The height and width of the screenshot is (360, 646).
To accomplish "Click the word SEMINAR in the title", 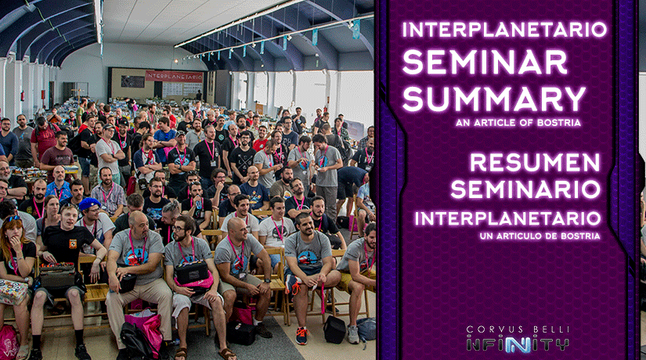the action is (x=485, y=62).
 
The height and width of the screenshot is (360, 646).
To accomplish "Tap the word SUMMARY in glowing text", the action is (x=494, y=99).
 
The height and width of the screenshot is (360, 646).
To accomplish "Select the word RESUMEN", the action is (x=535, y=162).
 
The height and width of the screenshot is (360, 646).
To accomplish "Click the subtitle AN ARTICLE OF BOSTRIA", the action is (x=518, y=123).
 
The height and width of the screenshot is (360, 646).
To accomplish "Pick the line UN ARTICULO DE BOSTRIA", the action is (x=540, y=236).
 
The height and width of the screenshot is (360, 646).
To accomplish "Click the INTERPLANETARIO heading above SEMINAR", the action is (x=504, y=30).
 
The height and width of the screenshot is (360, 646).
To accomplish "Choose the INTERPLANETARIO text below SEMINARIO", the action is (x=507, y=218).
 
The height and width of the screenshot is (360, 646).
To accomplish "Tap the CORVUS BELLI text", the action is (x=518, y=329).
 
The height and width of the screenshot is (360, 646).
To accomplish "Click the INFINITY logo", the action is (x=518, y=344).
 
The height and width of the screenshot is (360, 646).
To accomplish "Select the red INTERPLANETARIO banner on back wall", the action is (x=174, y=76).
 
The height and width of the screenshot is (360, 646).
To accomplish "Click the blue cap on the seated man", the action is (x=89, y=203).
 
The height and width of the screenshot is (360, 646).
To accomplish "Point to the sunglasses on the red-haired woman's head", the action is (x=13, y=218).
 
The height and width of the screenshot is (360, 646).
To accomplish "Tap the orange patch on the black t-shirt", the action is (x=73, y=243).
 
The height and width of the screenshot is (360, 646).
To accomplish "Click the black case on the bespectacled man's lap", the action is (x=192, y=272).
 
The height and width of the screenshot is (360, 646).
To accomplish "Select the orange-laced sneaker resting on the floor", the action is (x=301, y=336).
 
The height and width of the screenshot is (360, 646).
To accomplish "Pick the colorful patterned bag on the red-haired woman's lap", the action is (x=13, y=292).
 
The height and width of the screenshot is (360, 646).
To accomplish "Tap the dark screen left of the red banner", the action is (x=132, y=81).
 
